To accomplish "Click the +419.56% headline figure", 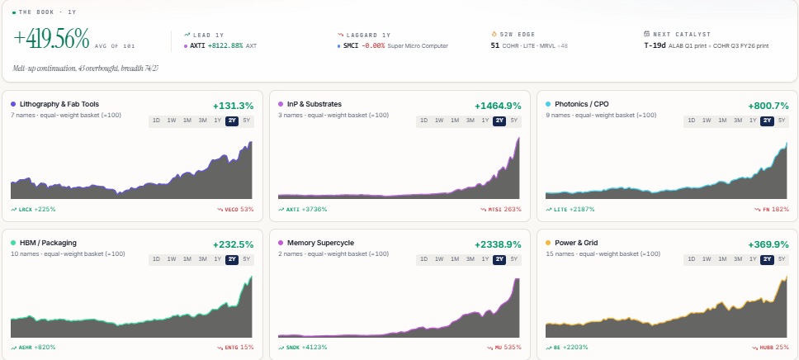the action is pyautogui.click(x=51, y=39).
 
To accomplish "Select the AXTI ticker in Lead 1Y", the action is pyautogui.click(x=197, y=45).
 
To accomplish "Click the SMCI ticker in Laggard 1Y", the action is pyautogui.click(x=351, y=45).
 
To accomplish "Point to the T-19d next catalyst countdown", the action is pyautogui.click(x=655, y=45).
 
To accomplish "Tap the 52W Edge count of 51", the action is pyautogui.click(x=494, y=45).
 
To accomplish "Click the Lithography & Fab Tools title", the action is pyautogui.click(x=59, y=104).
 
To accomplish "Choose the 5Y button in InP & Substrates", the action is pyautogui.click(x=513, y=121).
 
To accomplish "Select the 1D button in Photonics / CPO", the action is pyautogui.click(x=691, y=121).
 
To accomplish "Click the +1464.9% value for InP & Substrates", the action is pyautogui.click(x=498, y=106).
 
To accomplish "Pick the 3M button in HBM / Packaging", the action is pyautogui.click(x=202, y=259).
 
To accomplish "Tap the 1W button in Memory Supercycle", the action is pyautogui.click(x=439, y=259).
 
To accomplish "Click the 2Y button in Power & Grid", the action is pyautogui.click(x=767, y=259).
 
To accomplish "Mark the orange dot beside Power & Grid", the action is pyautogui.click(x=548, y=243).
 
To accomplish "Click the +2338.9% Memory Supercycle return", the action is pyautogui.click(x=498, y=244).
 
